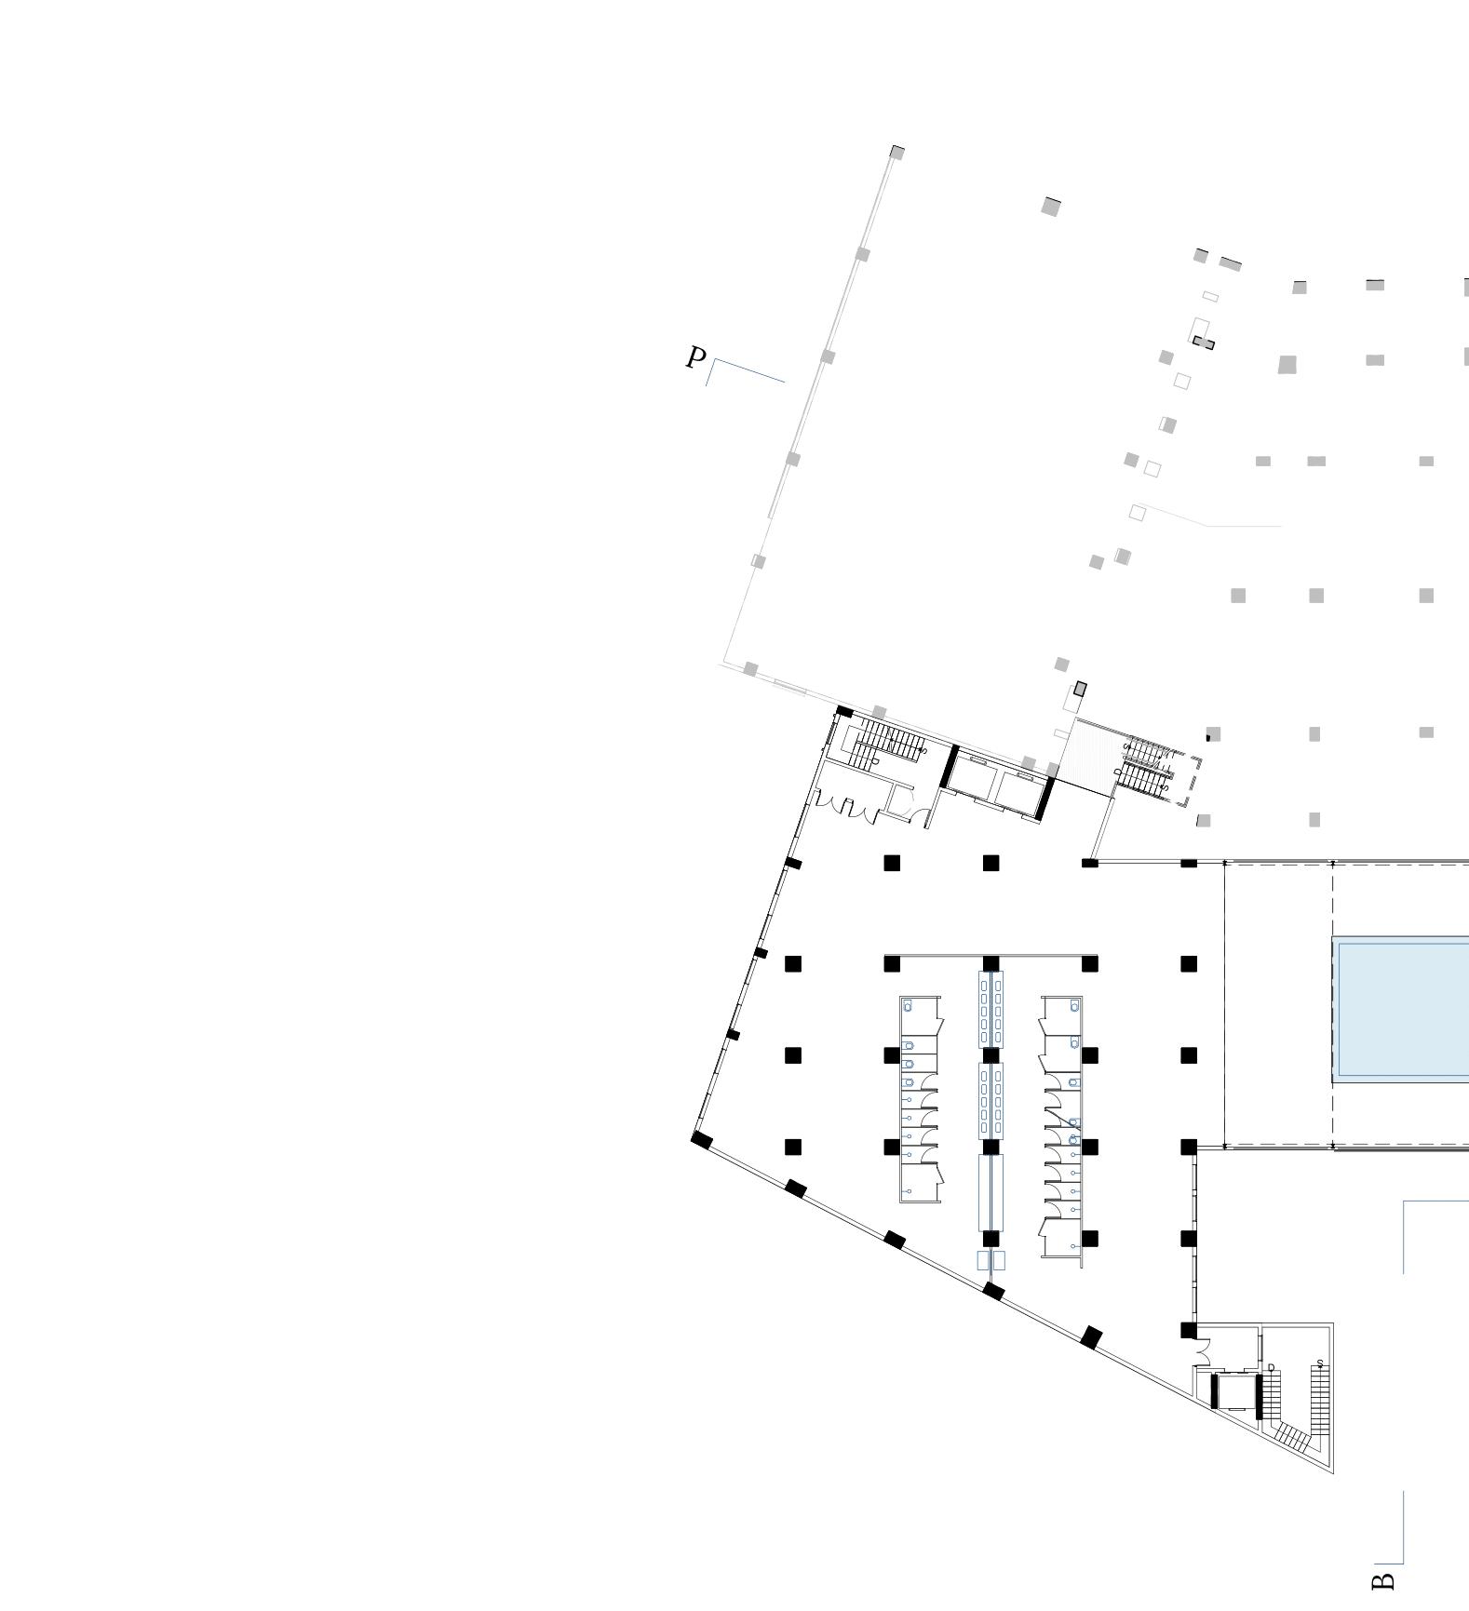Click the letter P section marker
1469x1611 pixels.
[x=695, y=357]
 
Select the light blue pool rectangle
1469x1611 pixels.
[x=1401, y=1010]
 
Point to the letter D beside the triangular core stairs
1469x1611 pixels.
[x=1271, y=1367]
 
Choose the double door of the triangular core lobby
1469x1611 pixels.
[x=1204, y=1351]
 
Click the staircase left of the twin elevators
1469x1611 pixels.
[x=886, y=744]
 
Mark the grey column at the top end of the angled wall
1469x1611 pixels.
[x=897, y=153]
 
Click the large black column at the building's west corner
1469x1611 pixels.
[x=702, y=1140]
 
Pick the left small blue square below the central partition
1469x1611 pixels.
[x=983, y=1260]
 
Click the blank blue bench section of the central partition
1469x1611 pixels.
[x=991, y=1191]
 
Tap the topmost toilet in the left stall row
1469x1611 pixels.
[x=909, y=1007]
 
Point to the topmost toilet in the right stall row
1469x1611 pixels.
[x=1075, y=1007]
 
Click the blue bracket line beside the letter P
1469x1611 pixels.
[x=745, y=370]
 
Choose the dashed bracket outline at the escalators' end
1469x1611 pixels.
[x=1193, y=782]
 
